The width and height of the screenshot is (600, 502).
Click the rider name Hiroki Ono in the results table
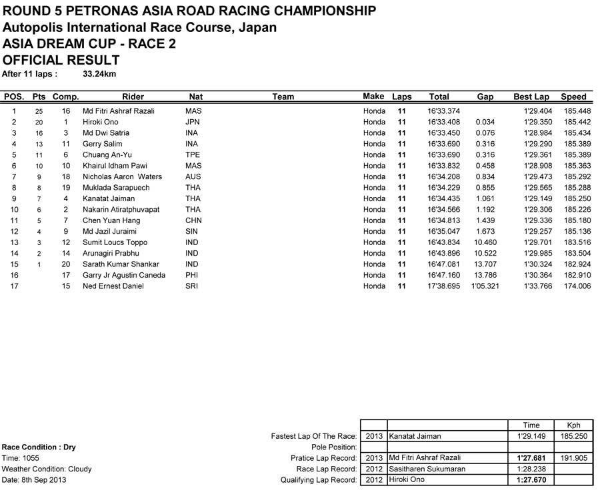pyautogui.click(x=101, y=122)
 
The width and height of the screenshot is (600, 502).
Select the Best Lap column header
pyautogui.click(x=531, y=97)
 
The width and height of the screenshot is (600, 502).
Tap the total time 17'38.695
pyautogui.click(x=443, y=286)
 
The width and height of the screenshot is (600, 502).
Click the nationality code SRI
pyautogui.click(x=192, y=286)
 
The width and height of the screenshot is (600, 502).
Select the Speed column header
pyautogui.click(x=573, y=97)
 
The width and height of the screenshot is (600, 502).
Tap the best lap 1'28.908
pyautogui.click(x=537, y=166)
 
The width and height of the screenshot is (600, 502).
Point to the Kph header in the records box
pyautogui.click(x=573, y=425)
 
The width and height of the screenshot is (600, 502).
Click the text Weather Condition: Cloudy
pyautogui.click(x=47, y=469)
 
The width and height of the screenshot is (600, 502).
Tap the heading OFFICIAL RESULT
pyautogui.click(x=61, y=59)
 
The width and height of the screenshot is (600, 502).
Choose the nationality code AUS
pyautogui.click(x=193, y=176)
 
